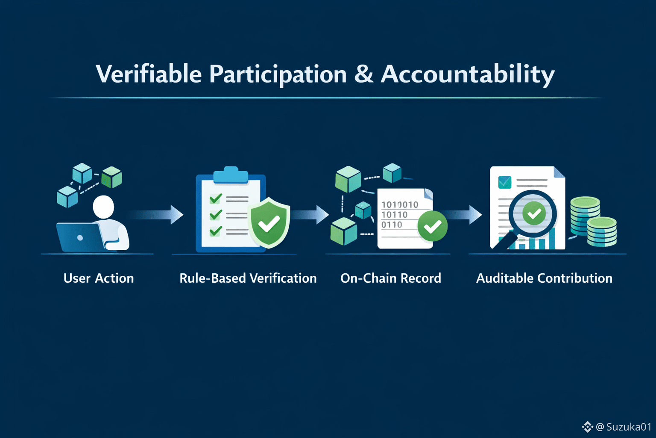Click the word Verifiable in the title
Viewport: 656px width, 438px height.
pos(149,74)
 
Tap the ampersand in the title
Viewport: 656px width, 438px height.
pos(363,74)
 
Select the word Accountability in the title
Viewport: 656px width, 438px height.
pos(468,75)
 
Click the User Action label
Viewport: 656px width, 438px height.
pos(99,278)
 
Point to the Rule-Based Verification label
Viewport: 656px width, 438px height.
pos(248,278)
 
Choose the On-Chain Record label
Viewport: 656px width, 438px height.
pos(391,278)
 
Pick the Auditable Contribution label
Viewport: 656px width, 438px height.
pos(544,278)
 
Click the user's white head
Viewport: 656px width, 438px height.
pos(103,207)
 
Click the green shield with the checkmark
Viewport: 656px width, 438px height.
pos(269,222)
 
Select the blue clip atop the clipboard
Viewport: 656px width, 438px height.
pos(231,175)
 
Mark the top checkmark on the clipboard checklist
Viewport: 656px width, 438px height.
pos(216,198)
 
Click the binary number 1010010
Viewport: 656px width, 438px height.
pos(400,204)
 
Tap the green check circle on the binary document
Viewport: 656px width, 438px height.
pos(432,226)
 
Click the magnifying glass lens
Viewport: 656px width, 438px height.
pos(533,213)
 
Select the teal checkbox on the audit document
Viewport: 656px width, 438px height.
pos(504,182)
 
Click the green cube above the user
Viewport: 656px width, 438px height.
pos(111,177)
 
